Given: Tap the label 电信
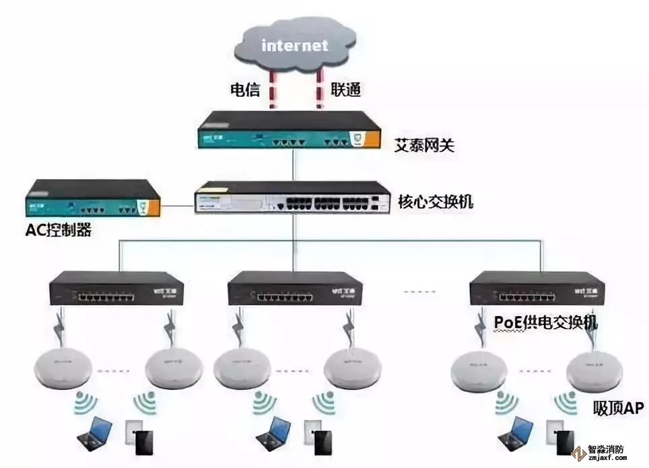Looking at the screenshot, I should click(x=245, y=89).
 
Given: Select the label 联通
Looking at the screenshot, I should click(x=346, y=89).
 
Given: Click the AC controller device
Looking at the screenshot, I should click(x=92, y=200).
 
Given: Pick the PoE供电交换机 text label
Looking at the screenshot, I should click(x=545, y=323).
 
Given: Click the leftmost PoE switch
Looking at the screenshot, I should click(x=112, y=288).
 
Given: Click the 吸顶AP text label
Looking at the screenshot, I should click(x=618, y=407).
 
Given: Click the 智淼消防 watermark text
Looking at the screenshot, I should click(x=607, y=451).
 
